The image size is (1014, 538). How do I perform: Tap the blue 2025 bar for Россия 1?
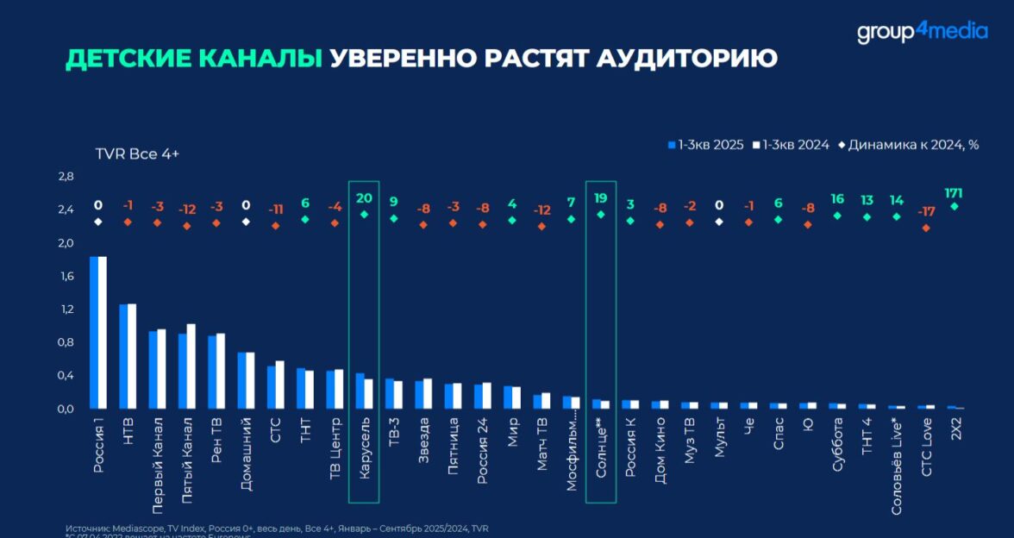click(94, 332)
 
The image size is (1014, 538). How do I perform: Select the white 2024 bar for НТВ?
click(132, 356)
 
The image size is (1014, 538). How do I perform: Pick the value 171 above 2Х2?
click(954, 192)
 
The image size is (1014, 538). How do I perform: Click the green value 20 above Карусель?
click(365, 197)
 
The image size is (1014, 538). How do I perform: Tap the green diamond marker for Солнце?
click(601, 215)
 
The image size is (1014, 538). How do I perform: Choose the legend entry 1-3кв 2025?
click(706, 145)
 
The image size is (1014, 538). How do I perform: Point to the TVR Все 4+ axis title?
click(137, 153)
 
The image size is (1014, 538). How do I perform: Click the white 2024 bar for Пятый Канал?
click(191, 366)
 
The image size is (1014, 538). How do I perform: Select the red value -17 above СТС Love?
click(925, 211)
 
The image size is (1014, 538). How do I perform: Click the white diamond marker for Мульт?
click(719, 222)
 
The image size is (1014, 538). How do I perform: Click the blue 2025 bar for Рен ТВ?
click(212, 372)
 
